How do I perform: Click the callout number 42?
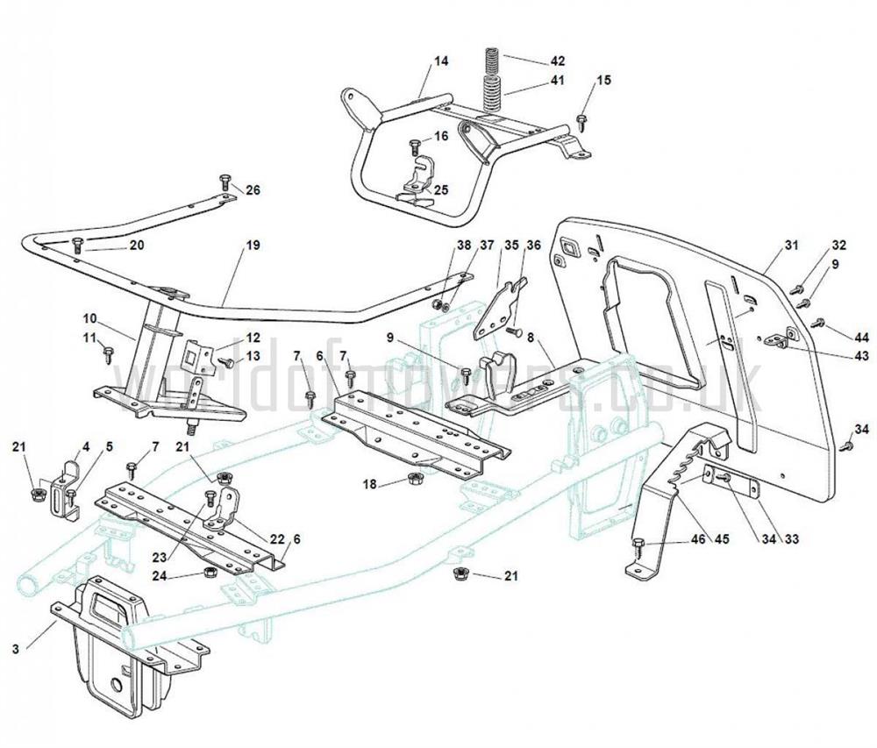[558, 61]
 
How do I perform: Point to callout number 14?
[441, 61]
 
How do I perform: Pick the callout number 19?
[253, 246]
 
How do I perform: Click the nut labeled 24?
[210, 573]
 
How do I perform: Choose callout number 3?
[16, 649]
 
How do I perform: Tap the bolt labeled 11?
[109, 353]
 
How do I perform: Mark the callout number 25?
[440, 189]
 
